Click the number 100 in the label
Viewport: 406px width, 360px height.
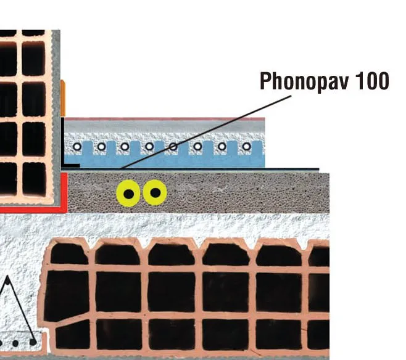click(372, 81)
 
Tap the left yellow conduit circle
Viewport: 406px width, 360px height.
click(128, 194)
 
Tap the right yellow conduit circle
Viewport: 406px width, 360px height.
click(155, 193)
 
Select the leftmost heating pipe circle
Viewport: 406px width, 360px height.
click(77, 147)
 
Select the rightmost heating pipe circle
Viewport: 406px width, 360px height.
click(247, 147)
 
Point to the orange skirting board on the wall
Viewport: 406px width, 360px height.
click(63, 98)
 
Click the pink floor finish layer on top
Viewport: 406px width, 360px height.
click(165, 119)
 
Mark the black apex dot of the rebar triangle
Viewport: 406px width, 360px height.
click(7, 282)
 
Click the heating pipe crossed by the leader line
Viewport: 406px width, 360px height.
click(173, 147)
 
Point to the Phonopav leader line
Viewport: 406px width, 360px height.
click(207, 132)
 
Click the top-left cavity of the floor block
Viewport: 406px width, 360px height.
click(68, 253)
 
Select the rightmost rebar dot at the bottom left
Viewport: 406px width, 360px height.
click(33, 342)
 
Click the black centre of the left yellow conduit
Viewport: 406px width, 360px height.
click(129, 194)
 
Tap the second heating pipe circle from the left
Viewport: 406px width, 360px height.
click(101, 147)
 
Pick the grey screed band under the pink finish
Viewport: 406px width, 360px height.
click(165, 127)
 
